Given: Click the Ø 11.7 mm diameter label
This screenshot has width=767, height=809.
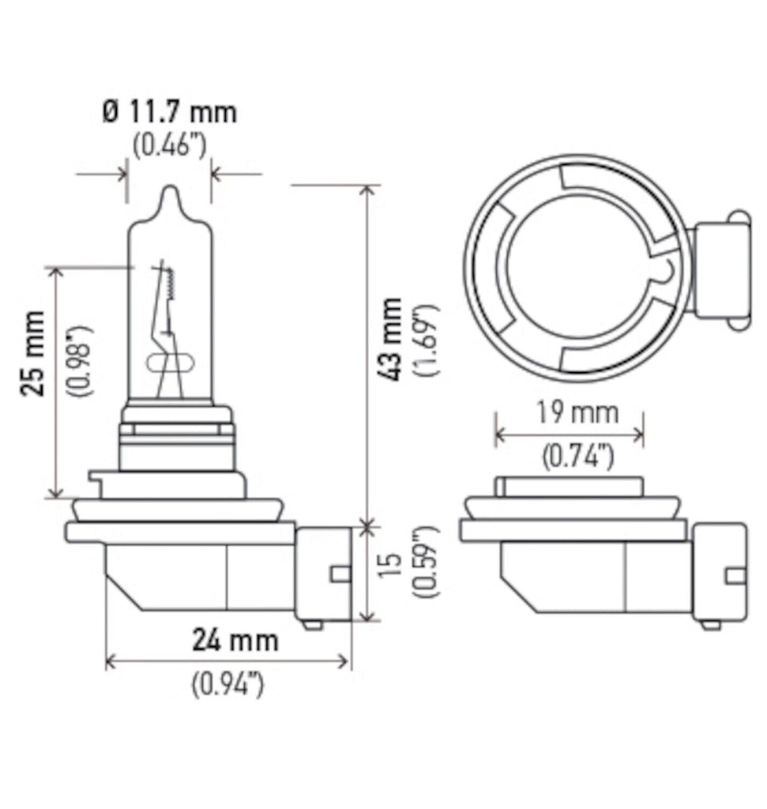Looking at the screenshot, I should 169,112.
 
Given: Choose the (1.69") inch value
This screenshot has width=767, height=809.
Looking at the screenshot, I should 427,339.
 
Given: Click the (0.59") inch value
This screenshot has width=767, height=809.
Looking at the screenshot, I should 427,560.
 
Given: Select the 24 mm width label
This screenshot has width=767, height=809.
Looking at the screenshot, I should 235,639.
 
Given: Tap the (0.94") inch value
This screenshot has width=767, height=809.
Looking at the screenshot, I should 227,684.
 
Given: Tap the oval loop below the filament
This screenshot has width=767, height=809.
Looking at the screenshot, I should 170,365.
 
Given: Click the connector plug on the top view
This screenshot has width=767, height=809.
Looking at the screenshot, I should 720,269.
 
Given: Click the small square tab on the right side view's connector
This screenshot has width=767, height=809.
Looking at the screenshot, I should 735,574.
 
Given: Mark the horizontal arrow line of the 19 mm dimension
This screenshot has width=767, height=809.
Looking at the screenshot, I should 569,434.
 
